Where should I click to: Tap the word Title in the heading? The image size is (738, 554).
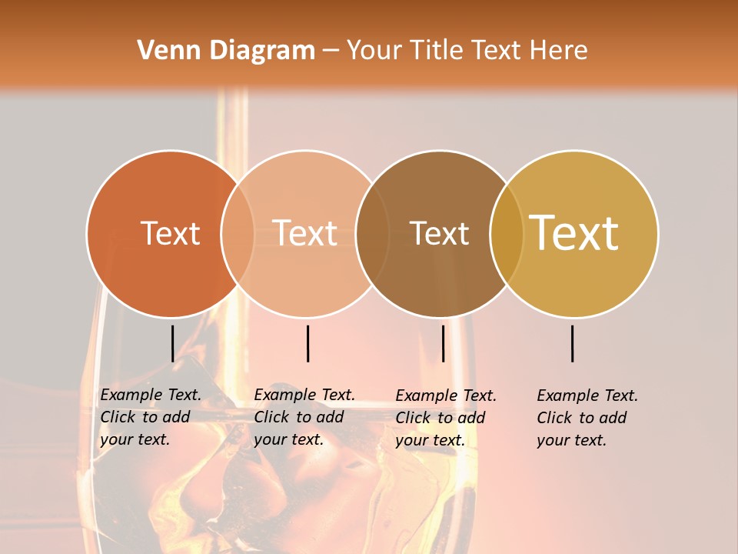438,51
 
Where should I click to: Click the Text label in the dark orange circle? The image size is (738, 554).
170,233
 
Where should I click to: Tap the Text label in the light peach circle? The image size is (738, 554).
304,233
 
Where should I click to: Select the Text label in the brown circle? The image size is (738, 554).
439,233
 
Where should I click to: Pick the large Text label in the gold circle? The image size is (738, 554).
574,233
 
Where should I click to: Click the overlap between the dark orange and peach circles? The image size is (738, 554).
238,233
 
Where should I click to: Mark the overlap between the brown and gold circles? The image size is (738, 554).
506,233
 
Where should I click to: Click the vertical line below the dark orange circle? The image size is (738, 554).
172,343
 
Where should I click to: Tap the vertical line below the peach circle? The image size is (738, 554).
307,343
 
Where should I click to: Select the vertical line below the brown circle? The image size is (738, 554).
443,343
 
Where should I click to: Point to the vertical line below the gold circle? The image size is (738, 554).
572,343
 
